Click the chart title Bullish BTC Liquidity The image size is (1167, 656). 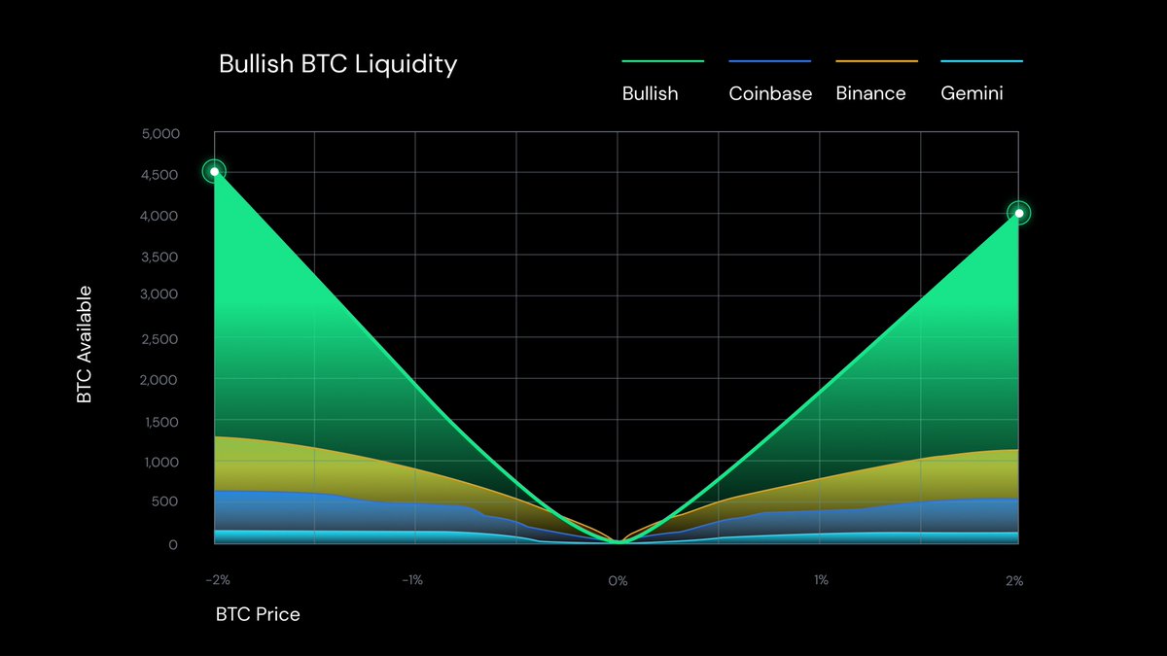pyautogui.click(x=337, y=65)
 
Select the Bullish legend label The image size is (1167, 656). pyautogui.click(x=650, y=94)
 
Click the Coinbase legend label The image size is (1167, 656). pyautogui.click(x=770, y=94)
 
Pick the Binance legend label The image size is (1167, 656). pyautogui.click(x=870, y=94)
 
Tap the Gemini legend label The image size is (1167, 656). pyautogui.click(x=972, y=94)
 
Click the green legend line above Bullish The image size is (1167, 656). pyautogui.click(x=662, y=61)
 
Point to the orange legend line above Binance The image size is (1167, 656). pyautogui.click(x=876, y=61)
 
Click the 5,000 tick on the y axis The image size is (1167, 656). pyautogui.click(x=160, y=133)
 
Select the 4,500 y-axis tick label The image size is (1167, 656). pyautogui.click(x=160, y=175)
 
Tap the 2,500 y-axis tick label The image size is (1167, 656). pyautogui.click(x=160, y=339)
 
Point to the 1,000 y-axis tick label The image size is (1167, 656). pyautogui.click(x=160, y=463)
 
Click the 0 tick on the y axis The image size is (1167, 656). pyautogui.click(x=173, y=544)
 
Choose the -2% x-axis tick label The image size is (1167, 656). pyautogui.click(x=218, y=581)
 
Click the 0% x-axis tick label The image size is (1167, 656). pyautogui.click(x=618, y=581)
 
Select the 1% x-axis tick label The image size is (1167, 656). pyautogui.click(x=821, y=581)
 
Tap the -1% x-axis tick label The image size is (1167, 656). pyautogui.click(x=413, y=581)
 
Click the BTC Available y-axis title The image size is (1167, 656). pyautogui.click(x=86, y=344)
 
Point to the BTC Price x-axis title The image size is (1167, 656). pyautogui.click(x=258, y=614)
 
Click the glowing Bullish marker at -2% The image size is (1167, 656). pyautogui.click(x=214, y=172)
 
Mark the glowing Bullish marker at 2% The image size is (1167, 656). pyautogui.click(x=1018, y=213)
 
